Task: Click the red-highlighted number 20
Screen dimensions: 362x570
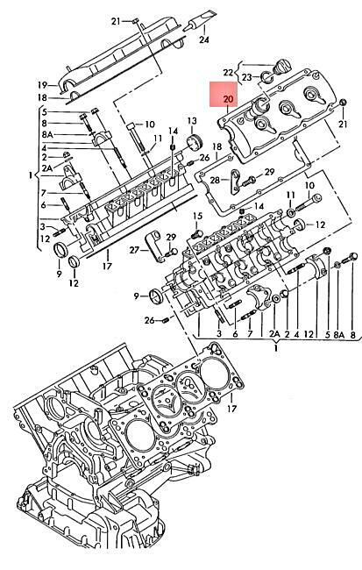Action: [x=228, y=99]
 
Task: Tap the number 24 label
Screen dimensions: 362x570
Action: [x=204, y=39]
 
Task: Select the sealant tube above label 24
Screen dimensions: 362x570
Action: [x=201, y=19]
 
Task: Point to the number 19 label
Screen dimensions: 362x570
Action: [x=43, y=85]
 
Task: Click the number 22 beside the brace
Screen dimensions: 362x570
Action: [x=228, y=72]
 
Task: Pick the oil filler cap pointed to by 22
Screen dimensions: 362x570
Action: [x=282, y=67]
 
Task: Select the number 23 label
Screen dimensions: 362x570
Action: [x=247, y=77]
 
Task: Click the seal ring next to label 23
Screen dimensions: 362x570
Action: [x=266, y=76]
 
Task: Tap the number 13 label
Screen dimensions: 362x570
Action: [x=192, y=121]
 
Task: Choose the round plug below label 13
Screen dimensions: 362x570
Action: [x=194, y=142]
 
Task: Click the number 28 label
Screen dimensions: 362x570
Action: [x=215, y=180]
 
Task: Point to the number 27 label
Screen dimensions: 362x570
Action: [x=134, y=250]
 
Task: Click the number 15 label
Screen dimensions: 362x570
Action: [x=197, y=217]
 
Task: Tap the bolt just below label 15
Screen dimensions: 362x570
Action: [x=198, y=232]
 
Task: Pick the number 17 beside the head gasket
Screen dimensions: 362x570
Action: [x=231, y=409]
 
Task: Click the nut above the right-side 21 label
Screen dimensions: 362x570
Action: [x=343, y=103]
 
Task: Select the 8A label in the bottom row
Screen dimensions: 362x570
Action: [x=338, y=335]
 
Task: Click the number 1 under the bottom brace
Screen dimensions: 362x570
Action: [x=276, y=348]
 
